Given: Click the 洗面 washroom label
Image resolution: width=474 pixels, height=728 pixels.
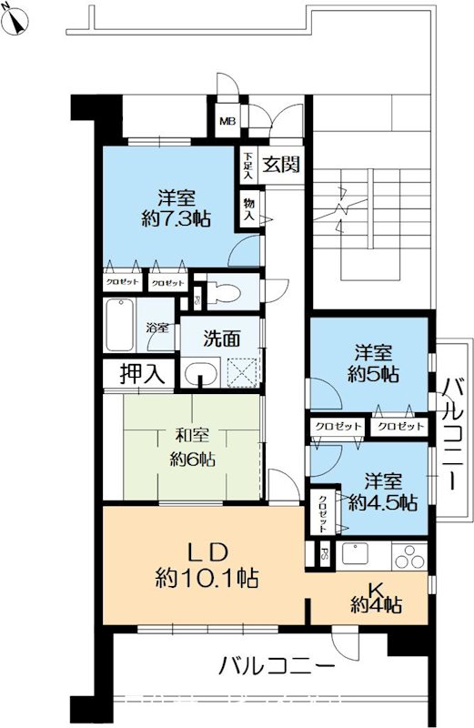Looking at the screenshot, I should tap(221, 339).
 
